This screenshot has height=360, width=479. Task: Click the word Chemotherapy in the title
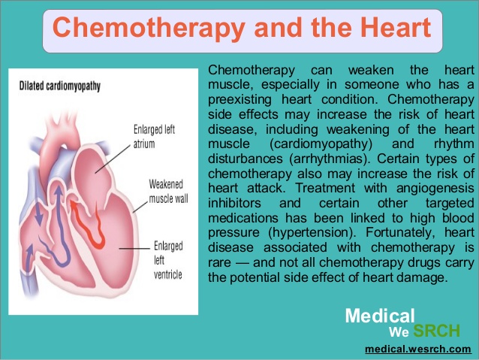point(149,28)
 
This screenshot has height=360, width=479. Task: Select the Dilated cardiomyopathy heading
point(60,86)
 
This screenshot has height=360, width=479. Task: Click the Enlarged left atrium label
point(154,137)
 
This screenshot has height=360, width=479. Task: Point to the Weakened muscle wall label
point(168,191)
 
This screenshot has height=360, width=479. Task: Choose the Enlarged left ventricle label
point(168,260)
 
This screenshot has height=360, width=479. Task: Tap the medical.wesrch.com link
point(418,349)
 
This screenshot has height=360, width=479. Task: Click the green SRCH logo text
point(436,331)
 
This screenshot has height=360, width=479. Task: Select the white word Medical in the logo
point(380,316)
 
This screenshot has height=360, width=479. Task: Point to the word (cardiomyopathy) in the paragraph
point(321,144)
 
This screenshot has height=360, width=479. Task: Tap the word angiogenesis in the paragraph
point(435,188)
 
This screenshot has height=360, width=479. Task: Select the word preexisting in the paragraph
point(239,100)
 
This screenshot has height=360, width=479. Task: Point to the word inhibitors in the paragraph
point(234,203)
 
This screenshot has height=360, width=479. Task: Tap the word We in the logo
point(399,332)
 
